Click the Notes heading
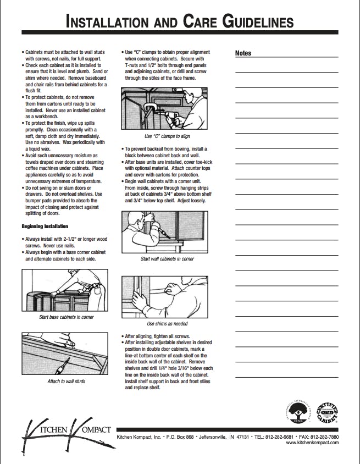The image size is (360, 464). coord(243,53)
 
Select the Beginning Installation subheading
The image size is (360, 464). coord(45,227)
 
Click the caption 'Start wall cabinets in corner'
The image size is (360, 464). coord(167,259)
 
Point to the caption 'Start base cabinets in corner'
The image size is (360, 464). coord(67,317)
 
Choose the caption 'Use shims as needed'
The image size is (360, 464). coord(167,324)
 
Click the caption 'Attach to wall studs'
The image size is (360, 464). coord(66,381)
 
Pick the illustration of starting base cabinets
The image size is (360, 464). coord(65,291)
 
